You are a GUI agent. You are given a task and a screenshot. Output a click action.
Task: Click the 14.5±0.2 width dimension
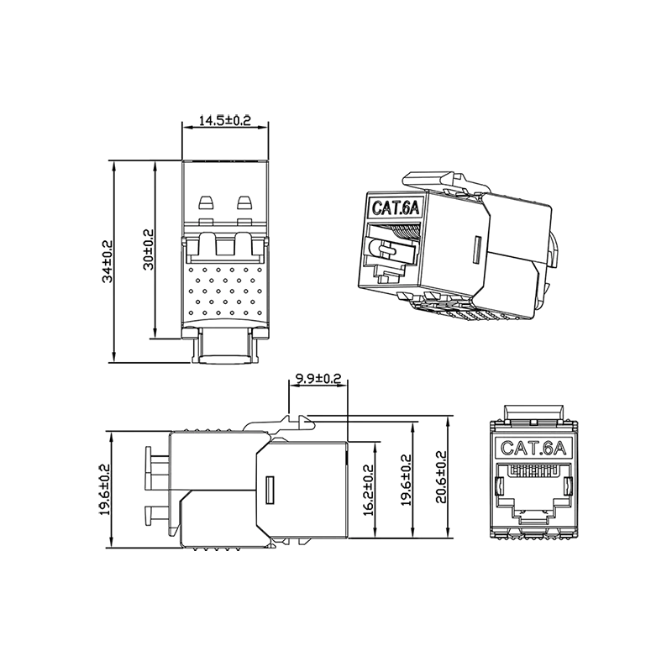pos(225,120)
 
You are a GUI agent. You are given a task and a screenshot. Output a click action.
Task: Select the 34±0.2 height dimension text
pos(108,261)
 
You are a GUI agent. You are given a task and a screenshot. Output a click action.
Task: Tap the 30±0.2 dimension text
pos(149,249)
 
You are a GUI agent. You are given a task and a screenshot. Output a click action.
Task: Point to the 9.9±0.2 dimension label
pos(318,379)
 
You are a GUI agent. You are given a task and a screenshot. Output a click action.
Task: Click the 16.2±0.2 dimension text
pos(369,491)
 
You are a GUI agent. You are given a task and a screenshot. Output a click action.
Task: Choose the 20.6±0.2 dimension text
pos(441,476)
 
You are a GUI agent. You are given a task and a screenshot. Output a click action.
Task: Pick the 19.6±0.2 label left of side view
pos(105,490)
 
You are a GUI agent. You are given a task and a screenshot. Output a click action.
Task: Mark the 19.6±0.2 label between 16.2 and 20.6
pos(406,480)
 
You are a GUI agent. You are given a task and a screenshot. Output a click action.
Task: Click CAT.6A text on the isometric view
pos(395,207)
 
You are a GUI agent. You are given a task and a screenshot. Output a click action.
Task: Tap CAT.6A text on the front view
pos(533,449)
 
